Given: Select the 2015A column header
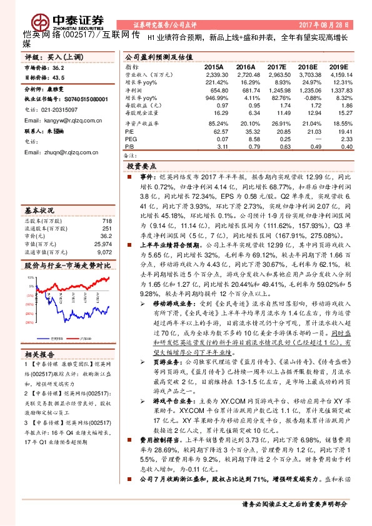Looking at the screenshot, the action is click(x=214, y=66).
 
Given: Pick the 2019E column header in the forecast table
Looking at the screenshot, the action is click(x=337, y=66).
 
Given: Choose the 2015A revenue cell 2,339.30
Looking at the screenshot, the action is click(x=213, y=74).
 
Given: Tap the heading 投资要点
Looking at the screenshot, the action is click(x=141, y=168).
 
